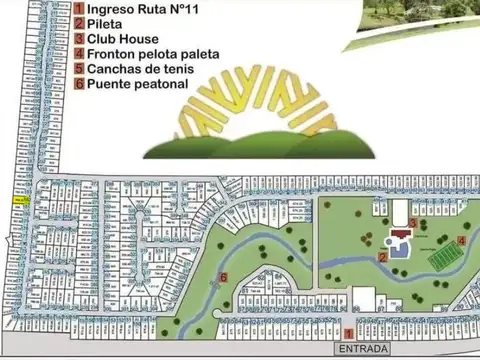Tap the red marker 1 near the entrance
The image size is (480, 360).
coord(348,333)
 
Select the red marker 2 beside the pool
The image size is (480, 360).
coord(383,257)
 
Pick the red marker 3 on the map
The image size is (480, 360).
coord(413,222)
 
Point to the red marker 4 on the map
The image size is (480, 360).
coord(460,240)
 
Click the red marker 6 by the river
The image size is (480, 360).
coord(223,277)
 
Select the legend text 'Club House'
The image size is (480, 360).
coord(123,40)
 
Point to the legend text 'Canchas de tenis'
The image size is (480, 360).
coord(140,69)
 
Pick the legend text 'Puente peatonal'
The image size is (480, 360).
coord(137,84)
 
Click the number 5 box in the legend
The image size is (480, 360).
coord(78,69)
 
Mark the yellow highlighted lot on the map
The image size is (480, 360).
coord(20,201)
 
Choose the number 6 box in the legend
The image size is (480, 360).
coord(78,84)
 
